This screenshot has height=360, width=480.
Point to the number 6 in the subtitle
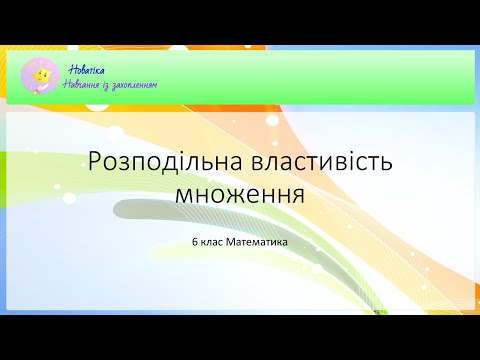(195, 240)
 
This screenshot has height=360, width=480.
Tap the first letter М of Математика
(231, 240)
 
